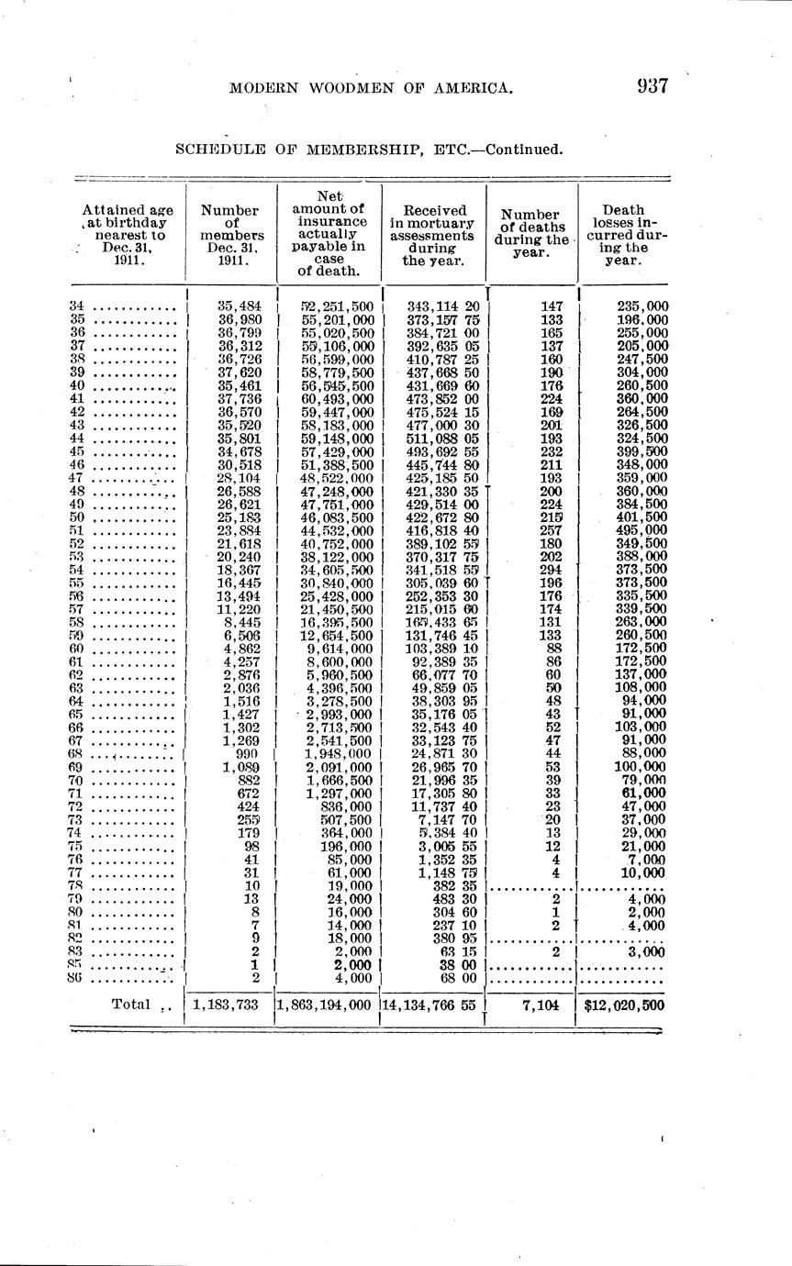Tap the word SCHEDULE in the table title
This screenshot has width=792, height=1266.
point(217,150)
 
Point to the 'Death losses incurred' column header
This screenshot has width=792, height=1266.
point(624,235)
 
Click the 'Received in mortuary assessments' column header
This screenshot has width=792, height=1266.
point(434,235)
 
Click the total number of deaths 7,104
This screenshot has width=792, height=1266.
point(541,1005)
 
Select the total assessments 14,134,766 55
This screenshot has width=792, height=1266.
point(429,1005)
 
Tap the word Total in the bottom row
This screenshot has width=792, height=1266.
point(130,1004)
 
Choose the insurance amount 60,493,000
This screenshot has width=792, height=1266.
point(337,399)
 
